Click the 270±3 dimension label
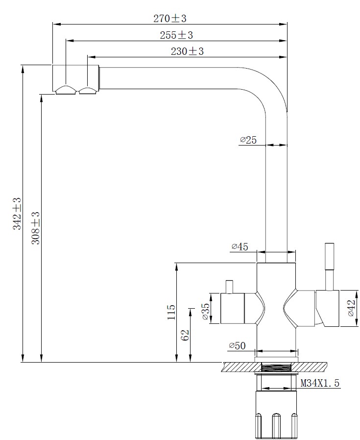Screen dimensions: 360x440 170,19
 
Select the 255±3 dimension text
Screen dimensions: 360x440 176,35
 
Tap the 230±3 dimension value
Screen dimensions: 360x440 187,51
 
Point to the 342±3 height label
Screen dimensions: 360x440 17,214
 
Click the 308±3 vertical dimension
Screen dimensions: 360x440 36,228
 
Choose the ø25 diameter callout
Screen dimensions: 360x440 248,140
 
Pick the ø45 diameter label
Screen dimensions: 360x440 240,246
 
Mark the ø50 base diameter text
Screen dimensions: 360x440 238,346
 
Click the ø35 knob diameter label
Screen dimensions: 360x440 206,311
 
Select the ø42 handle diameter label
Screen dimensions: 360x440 351,308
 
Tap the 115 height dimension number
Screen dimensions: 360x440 171,312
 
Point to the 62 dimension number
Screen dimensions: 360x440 185,335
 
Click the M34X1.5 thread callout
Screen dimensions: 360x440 320,383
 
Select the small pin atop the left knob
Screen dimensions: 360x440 230,287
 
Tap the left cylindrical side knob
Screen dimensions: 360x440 232,308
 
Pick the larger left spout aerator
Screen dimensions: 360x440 66,90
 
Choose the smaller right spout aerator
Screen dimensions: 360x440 88,90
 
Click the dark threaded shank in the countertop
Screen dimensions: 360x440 276,367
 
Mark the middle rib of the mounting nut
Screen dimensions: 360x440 276,426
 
